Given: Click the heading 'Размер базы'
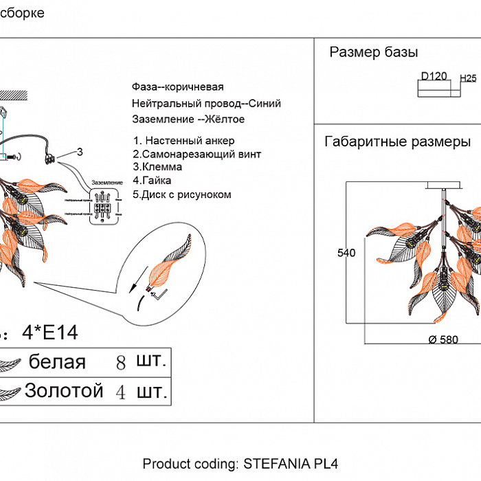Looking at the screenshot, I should point(374,53).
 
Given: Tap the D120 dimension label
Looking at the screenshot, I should point(434,76).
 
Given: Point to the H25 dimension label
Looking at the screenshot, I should point(468,78).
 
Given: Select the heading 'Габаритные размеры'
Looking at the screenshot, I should point(397,142).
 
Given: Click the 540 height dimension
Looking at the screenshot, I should point(346,254).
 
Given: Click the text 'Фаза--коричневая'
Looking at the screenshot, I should point(178,87).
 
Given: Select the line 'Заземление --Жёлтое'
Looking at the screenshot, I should point(188,119).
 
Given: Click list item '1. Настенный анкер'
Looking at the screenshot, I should point(184,141).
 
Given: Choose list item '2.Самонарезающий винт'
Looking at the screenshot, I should point(197,154).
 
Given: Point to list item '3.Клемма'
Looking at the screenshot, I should point(158,167).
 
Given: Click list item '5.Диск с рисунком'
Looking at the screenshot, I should point(182,194).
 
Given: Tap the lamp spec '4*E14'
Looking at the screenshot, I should point(50,333).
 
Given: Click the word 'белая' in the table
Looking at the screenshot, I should point(57,362).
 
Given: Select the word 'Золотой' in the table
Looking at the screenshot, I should point(64,391).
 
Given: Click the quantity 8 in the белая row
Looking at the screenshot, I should point(121,363).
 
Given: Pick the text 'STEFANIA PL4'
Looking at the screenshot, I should point(291,463).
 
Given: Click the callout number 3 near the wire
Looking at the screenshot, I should point(80,152).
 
